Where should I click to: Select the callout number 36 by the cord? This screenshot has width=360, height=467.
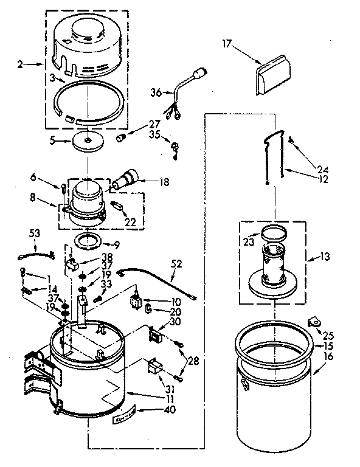coord(156,92)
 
